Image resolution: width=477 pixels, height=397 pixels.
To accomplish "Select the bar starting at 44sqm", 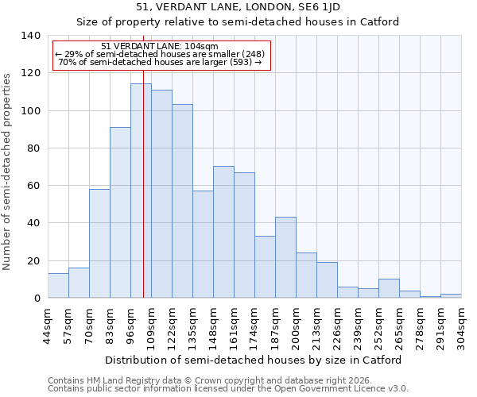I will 58,286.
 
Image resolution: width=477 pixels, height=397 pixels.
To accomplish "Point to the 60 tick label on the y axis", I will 33,186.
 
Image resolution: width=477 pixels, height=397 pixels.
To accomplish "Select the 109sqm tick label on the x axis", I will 151,325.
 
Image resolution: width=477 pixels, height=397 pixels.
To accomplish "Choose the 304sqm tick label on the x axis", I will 461,325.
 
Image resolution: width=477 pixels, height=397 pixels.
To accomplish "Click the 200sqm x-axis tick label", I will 296,325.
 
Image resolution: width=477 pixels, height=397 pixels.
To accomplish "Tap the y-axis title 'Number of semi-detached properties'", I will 7,171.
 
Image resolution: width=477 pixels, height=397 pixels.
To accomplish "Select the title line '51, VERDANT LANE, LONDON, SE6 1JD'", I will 238,7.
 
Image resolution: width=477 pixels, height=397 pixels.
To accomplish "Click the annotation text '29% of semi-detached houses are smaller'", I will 160,54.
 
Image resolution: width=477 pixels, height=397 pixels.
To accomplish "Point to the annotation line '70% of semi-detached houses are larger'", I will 160,62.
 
